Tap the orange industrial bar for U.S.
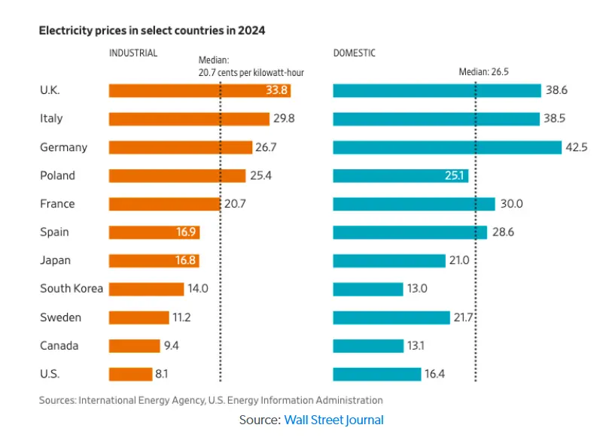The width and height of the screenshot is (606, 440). (131, 374)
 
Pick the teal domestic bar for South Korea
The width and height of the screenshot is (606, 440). (368, 289)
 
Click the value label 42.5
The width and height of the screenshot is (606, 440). (577, 147)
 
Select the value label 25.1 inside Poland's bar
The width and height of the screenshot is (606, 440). (455, 175)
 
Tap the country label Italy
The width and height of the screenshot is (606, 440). (51, 119)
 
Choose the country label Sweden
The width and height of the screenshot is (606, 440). (60, 317)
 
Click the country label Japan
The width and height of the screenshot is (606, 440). (55, 260)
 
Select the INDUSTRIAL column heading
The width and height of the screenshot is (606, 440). (133, 53)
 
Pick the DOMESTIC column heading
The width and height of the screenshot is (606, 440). (355, 53)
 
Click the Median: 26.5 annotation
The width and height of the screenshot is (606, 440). (489, 72)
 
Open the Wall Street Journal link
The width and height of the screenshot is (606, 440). (333, 420)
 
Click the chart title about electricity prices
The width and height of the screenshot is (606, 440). (151, 31)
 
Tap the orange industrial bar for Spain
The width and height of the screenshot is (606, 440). (154, 232)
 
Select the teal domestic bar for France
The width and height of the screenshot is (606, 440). (414, 204)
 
